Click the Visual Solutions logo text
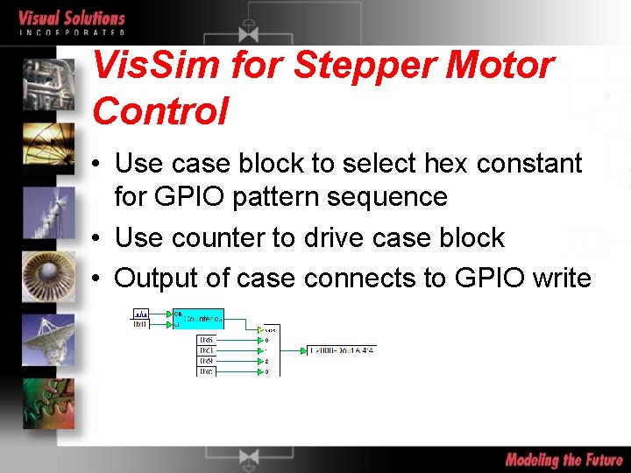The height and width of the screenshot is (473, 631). pyautogui.click(x=72, y=19)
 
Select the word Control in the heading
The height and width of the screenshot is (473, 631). pyautogui.click(x=160, y=111)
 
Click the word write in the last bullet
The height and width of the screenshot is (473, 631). pyautogui.click(x=557, y=278)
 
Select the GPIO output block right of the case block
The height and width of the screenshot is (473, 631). pyautogui.click(x=342, y=349)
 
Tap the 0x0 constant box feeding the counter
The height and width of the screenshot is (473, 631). pyautogui.click(x=140, y=324)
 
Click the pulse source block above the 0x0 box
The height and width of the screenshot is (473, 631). pyautogui.click(x=140, y=313)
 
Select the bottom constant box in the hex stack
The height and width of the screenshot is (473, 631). pyautogui.click(x=208, y=371)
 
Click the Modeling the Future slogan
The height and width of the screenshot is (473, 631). pyautogui.click(x=564, y=460)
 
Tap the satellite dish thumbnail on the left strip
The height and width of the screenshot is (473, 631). pyautogui.click(x=49, y=337)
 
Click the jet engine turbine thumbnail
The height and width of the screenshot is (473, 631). pyautogui.click(x=49, y=277)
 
